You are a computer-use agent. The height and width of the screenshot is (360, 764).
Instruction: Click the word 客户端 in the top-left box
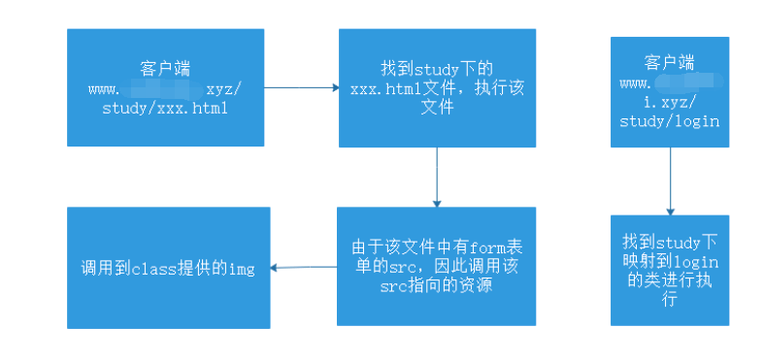pyautogui.click(x=165, y=69)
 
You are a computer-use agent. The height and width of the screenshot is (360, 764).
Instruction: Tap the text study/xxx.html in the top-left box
pyautogui.click(x=165, y=108)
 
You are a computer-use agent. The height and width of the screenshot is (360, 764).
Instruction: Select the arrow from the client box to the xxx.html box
pyautogui.click(x=301, y=88)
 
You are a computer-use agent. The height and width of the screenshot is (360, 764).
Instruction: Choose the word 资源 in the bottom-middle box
pyautogui.click(x=482, y=285)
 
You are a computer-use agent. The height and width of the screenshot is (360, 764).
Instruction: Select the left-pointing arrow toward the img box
pyautogui.click(x=303, y=267)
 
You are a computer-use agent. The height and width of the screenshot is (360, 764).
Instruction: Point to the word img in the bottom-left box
pyautogui.click(x=240, y=269)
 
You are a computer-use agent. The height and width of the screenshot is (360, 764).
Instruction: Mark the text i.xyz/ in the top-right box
pyautogui.click(x=670, y=102)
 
